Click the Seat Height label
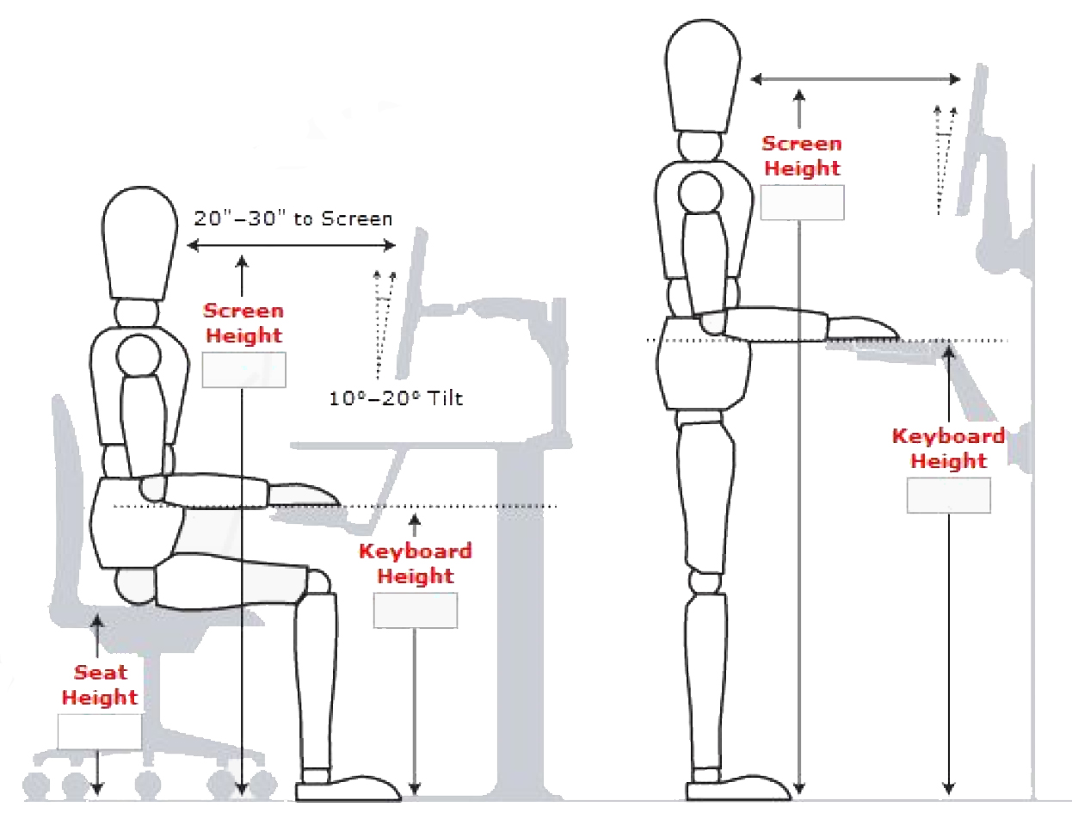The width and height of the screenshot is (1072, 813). pos(100,686)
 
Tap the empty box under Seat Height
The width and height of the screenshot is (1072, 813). pos(100,731)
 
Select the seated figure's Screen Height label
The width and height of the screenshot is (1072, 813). pos(243,323)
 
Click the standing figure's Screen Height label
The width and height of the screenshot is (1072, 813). pos(802,157)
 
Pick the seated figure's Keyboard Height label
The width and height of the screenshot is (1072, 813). pos(416,564)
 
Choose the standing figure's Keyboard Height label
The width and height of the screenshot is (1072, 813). pos(948,448)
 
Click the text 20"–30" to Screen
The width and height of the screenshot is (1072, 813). pos(293,219)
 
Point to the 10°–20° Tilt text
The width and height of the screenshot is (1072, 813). pos(396,399)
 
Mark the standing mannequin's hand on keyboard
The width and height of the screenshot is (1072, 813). pos(863,328)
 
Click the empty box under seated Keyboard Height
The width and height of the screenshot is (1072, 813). pos(416,610)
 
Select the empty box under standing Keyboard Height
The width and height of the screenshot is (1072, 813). pos(948,496)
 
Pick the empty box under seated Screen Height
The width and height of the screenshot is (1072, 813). pos(243,370)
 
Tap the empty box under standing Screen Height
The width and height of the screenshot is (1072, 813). pos(802,202)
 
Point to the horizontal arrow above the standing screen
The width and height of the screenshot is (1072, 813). pos(856,80)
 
